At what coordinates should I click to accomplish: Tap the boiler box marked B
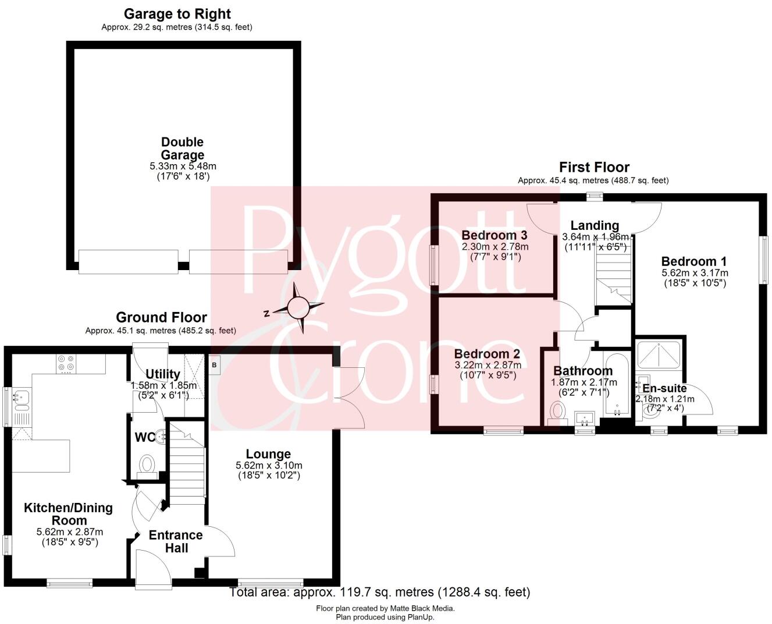[x=214, y=365]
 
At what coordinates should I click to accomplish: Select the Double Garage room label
[x=183, y=148]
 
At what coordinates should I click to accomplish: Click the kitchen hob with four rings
[x=66, y=363]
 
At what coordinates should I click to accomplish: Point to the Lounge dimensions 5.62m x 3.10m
[x=269, y=466]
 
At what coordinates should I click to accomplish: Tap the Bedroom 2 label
[x=487, y=354]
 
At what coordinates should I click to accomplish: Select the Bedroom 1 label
[x=693, y=261]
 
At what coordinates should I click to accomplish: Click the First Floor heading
[x=594, y=168]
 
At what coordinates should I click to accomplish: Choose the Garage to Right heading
[x=177, y=14]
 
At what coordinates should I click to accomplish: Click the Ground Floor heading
[x=161, y=317]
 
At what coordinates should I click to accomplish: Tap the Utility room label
[x=162, y=374]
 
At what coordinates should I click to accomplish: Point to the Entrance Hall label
[x=176, y=541]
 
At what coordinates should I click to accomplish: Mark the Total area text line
[x=380, y=593]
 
